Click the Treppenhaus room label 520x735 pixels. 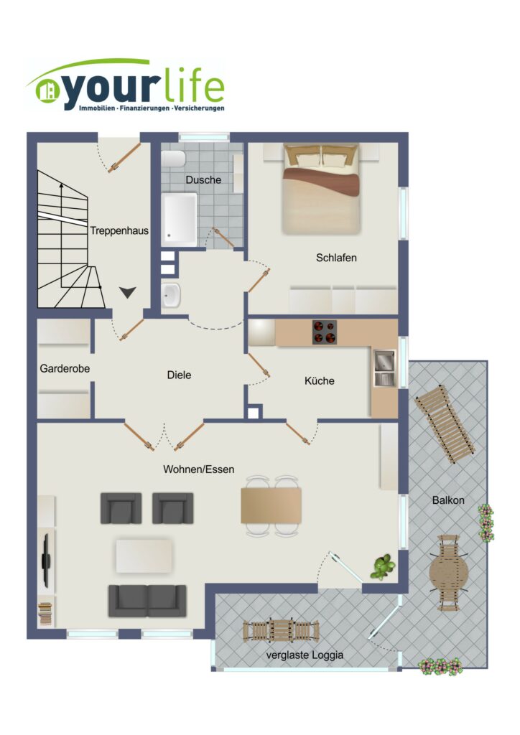click(x=119, y=230)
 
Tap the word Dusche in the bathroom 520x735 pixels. click(x=203, y=179)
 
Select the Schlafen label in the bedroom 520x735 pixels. click(x=336, y=258)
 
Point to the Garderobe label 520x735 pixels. click(x=65, y=368)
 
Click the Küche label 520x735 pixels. click(x=320, y=380)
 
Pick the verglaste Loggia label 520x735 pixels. click(x=305, y=655)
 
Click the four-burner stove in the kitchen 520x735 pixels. click(x=325, y=332)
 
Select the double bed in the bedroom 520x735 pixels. click(x=321, y=189)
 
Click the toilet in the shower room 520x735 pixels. click(x=173, y=159)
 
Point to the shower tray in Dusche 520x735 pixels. click(x=180, y=219)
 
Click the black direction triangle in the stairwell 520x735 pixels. click(x=127, y=293)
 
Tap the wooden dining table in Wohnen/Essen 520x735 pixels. click(x=271, y=505)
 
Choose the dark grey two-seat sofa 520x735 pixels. click(x=148, y=601)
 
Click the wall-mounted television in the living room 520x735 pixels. click(x=46, y=560)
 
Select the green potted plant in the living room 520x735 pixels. click(x=383, y=567)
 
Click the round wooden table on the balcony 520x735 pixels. click(x=449, y=572)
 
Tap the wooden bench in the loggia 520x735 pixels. click(x=281, y=630)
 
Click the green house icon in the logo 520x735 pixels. click(x=47, y=91)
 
